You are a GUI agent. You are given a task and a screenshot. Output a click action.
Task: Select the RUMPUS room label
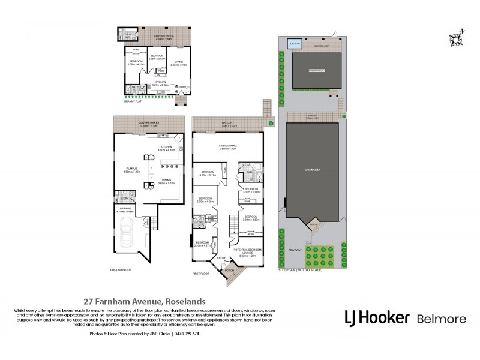coord(130,170)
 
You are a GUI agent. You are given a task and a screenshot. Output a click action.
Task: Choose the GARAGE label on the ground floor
coord(124,208)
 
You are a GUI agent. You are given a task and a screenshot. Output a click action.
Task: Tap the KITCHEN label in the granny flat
coord(160,82)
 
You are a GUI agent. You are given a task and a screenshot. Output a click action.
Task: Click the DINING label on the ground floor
coord(168,180)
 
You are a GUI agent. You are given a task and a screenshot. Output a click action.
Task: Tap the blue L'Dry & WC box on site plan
coord(294,44)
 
